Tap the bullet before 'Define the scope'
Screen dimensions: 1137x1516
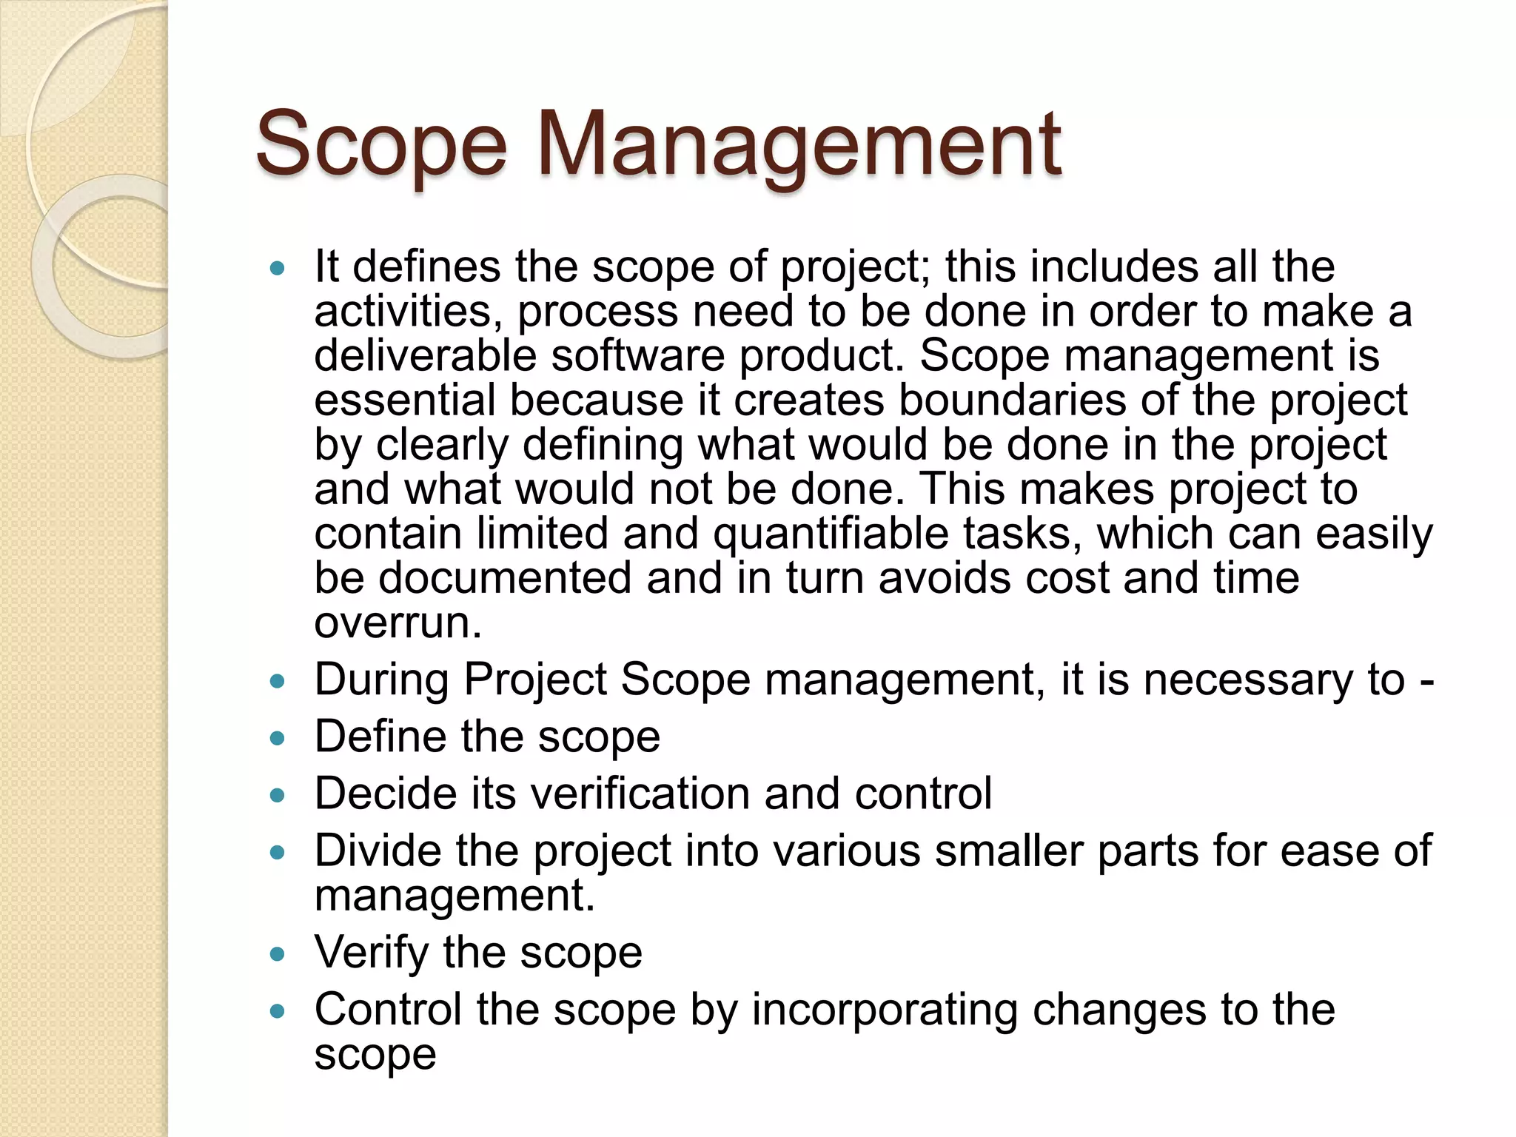(x=278, y=738)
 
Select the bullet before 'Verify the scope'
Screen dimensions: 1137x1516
(x=278, y=954)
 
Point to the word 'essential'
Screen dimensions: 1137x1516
(x=404, y=400)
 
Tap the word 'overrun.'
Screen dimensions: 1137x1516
(x=398, y=623)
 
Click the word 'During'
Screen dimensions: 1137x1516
(x=381, y=680)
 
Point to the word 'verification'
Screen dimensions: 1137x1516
(x=640, y=794)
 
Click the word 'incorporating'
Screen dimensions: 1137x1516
(x=885, y=1010)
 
